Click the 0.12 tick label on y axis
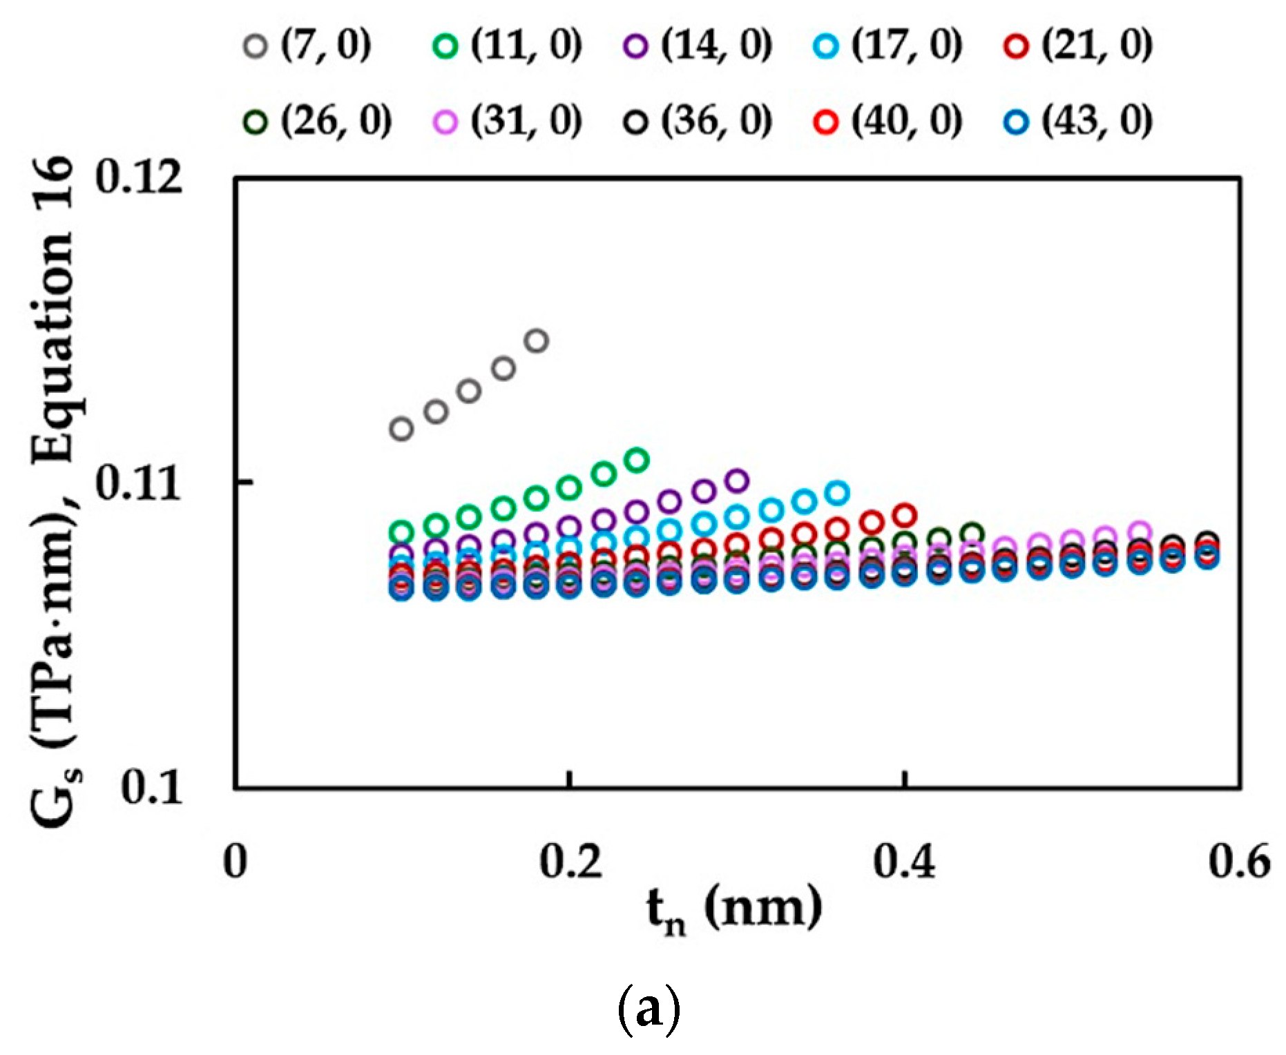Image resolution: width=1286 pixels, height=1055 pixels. click(x=138, y=178)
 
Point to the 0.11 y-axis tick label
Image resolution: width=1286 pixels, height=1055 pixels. click(x=138, y=483)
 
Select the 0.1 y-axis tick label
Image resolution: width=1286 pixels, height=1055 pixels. click(x=152, y=787)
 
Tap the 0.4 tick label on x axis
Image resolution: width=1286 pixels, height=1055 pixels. click(x=904, y=862)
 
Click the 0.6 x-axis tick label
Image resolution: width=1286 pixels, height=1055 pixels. click(x=1239, y=862)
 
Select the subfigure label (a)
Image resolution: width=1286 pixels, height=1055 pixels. click(x=648, y=1010)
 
